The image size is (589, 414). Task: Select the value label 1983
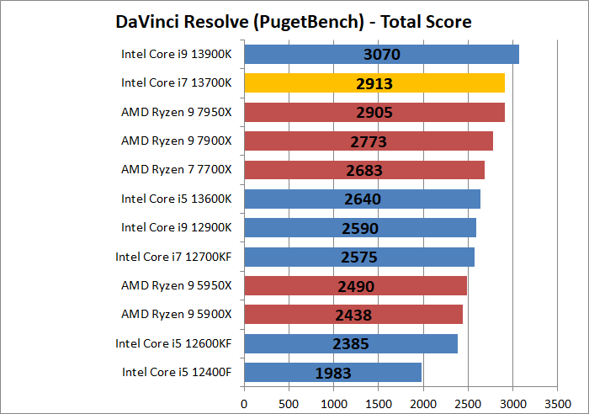[332, 373]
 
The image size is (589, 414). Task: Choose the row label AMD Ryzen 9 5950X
[176, 285]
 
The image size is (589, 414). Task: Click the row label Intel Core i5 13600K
[176, 199]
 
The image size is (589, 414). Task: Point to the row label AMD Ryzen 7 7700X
[176, 170]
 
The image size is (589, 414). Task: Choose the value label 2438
[353, 315]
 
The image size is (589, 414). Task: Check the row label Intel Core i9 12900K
[176, 228]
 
